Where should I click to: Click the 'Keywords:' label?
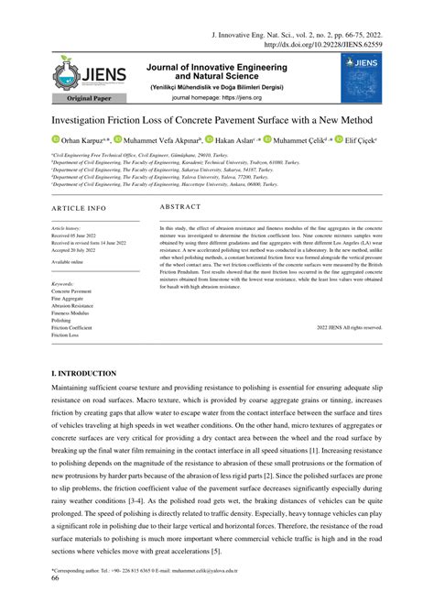[63, 284]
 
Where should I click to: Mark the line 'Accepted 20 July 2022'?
[75, 248]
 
